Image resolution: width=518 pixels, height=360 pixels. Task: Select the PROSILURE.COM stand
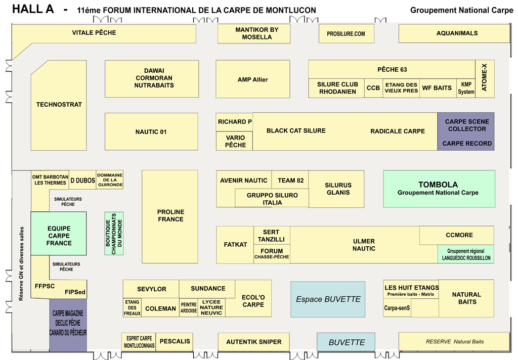[x=346, y=34]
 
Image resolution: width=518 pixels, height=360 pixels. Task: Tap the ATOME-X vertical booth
[x=485, y=79]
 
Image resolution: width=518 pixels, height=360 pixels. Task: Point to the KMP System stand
[x=466, y=88]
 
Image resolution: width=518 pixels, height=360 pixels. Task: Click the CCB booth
[x=373, y=88]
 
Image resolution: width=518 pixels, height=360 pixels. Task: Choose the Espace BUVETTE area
[x=328, y=299]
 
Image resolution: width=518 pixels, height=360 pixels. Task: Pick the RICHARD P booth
[x=234, y=122]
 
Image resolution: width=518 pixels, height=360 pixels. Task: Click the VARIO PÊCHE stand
[x=234, y=141]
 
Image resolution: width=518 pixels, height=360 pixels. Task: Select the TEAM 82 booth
[x=290, y=181]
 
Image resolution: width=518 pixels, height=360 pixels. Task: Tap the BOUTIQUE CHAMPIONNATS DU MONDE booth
[x=114, y=233]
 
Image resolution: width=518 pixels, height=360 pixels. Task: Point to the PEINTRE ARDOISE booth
[x=188, y=308]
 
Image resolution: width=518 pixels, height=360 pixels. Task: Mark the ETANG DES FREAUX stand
[x=132, y=308]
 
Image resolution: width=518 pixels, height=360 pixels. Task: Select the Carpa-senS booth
[x=397, y=308]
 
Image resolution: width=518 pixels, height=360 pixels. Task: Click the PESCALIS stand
[x=175, y=342]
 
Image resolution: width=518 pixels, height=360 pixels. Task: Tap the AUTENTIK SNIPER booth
[x=253, y=342]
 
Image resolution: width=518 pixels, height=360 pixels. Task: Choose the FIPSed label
[x=75, y=292]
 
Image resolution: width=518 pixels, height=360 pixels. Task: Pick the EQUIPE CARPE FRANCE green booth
[x=59, y=236]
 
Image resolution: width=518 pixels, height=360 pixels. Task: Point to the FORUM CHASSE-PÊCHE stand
[x=272, y=254]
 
